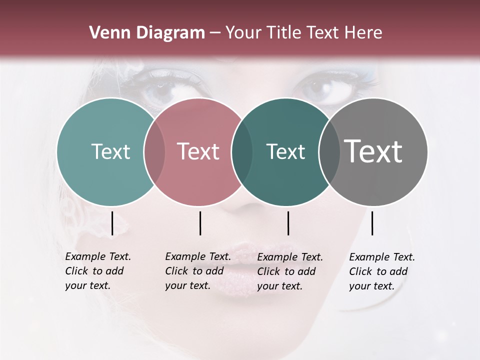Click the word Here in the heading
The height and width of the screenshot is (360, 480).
coord(364,32)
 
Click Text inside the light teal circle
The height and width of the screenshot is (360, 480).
coord(110,151)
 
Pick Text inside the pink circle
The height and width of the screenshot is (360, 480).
coord(198,151)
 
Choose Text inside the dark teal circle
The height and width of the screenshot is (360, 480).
coord(285,151)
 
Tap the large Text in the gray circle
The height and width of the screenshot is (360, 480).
coord(373,151)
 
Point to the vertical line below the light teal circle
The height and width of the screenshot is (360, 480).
coord(112,223)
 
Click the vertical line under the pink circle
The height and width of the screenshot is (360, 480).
coord(200,223)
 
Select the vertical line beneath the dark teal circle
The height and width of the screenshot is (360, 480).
coord(288,223)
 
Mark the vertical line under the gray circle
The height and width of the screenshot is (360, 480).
coord(372,223)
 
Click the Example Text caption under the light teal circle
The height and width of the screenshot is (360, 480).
coord(98,271)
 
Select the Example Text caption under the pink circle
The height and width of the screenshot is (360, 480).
coord(198,271)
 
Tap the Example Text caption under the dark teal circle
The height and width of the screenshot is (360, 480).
coord(290,271)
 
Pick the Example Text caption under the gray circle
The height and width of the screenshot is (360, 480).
coord(382,271)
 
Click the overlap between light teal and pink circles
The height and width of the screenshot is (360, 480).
coord(154,151)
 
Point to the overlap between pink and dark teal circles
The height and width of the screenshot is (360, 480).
coord(241,151)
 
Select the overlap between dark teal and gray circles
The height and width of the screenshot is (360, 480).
coord(329,151)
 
